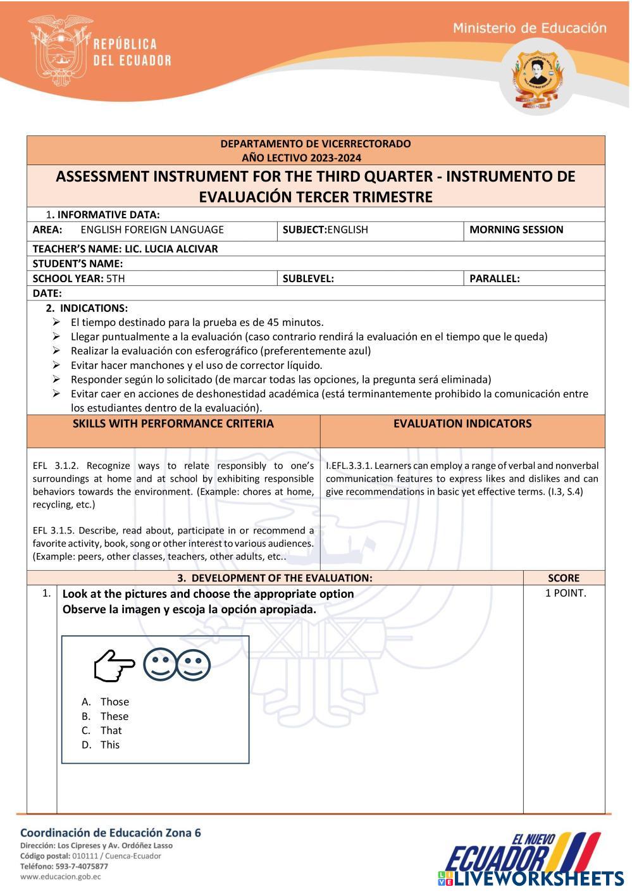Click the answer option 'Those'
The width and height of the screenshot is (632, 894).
[x=114, y=702]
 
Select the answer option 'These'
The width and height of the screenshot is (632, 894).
[x=114, y=716]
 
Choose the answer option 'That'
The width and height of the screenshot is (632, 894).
[x=111, y=730]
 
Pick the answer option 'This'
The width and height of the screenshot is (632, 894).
[x=109, y=745]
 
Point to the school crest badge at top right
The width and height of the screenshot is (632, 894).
[x=535, y=80]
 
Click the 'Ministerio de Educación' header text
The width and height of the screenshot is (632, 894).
[x=530, y=28]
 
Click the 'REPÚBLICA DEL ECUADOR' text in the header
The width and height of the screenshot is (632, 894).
[x=132, y=52]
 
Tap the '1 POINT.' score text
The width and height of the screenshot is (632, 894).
[x=566, y=593]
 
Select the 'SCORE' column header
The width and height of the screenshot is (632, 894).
[x=564, y=578]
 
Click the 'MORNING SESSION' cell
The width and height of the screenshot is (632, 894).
[x=516, y=230]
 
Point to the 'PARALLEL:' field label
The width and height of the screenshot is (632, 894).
[x=495, y=278]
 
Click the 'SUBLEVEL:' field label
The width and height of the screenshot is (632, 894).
[x=308, y=278]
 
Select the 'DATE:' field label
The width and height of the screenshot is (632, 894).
[x=47, y=293]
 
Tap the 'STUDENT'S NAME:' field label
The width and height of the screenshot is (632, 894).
[x=78, y=264]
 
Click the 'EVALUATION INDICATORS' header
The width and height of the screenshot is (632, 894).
[x=462, y=424]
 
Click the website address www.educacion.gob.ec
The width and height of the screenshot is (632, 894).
[x=61, y=877]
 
